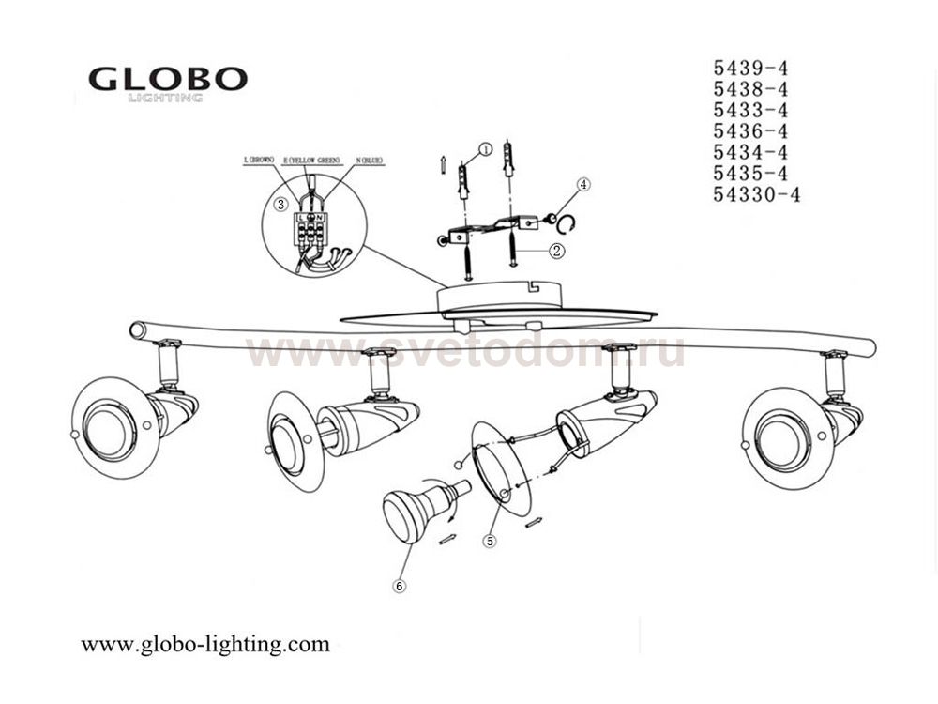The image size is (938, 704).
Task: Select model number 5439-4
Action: pyautogui.click(x=749, y=68)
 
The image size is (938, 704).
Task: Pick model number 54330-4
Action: pyautogui.click(x=756, y=195)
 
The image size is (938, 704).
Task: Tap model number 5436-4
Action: pyautogui.click(x=749, y=131)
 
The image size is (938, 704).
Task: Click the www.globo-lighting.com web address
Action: pyautogui.click(x=205, y=644)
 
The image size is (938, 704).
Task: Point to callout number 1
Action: pyautogui.click(x=485, y=148)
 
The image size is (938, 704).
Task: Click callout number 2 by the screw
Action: pyautogui.click(x=556, y=251)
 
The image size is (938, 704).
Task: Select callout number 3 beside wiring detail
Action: pyautogui.click(x=280, y=204)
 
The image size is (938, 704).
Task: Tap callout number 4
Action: pyautogui.click(x=582, y=185)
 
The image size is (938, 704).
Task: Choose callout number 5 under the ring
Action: pyautogui.click(x=488, y=541)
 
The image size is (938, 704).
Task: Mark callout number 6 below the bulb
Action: pyautogui.click(x=400, y=585)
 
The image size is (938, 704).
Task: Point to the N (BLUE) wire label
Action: pyautogui.click(x=369, y=161)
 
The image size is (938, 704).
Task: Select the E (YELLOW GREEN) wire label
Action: pyautogui.click(x=312, y=161)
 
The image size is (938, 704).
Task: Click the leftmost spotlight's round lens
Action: pyautogui.click(x=106, y=426)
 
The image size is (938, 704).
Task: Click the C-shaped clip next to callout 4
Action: pyautogui.click(x=567, y=223)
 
